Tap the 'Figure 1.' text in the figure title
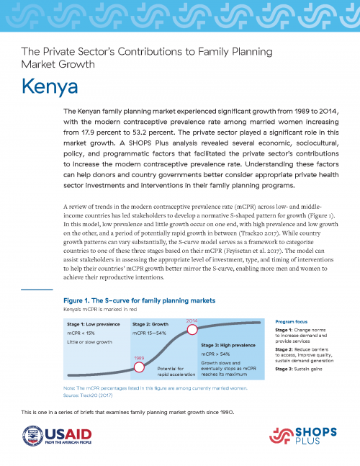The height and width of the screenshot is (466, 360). coord(80,300)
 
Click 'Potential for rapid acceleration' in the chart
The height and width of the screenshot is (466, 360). coord(172,372)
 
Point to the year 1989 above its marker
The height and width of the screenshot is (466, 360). coord(140,357)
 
